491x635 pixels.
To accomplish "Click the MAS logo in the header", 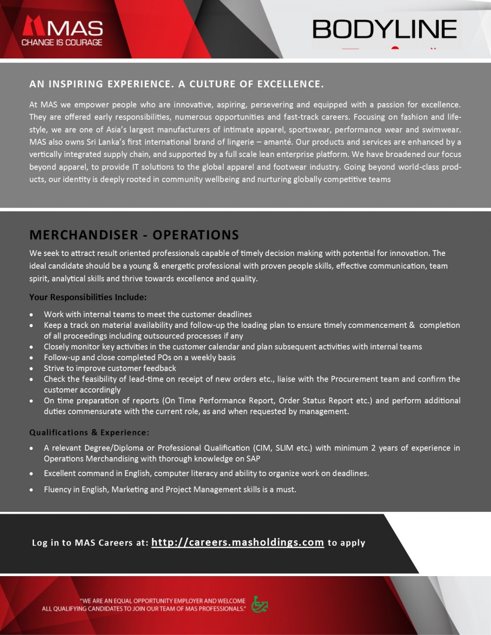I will [62, 28].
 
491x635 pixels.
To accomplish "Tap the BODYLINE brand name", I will [384, 29].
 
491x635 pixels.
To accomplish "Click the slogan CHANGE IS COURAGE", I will [62, 43].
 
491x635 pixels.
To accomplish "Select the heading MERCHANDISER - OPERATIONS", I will [134, 235].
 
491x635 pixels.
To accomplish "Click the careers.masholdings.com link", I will [237, 542].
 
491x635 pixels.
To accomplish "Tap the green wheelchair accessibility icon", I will [259, 604].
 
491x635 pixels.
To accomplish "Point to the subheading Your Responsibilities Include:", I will [88, 297].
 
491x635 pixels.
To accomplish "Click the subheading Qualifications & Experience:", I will [89, 433].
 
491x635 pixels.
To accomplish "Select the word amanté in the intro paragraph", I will [278, 142].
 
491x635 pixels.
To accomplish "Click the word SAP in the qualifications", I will [253, 459].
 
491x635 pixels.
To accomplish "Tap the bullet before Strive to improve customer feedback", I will [32, 369].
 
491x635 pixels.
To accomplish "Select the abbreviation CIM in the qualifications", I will [263, 448].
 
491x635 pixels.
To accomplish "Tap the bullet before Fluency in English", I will [32, 490].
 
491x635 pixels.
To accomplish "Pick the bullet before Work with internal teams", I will [32, 315].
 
